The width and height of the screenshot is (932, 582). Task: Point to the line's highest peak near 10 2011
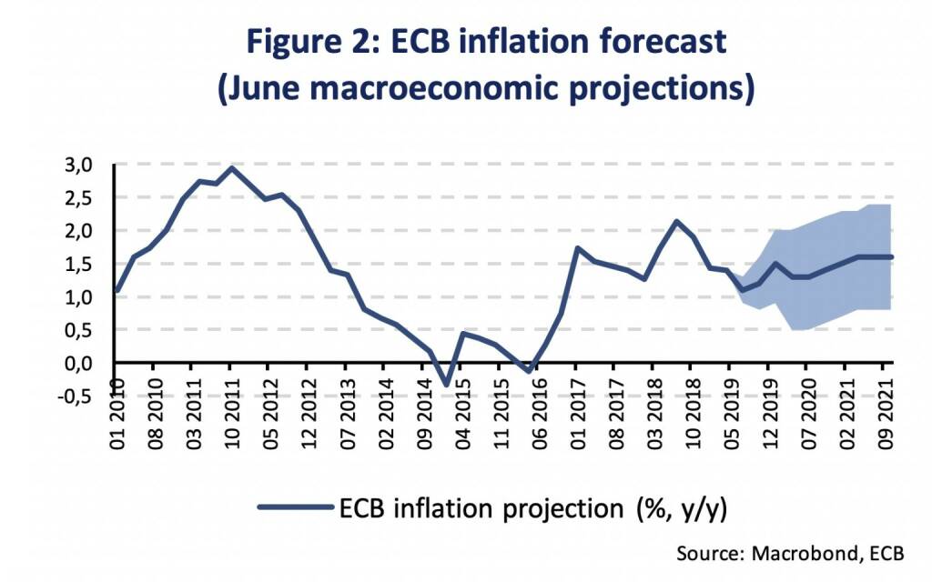231,167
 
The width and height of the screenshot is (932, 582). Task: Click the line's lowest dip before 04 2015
447,385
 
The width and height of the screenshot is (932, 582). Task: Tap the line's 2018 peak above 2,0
676,221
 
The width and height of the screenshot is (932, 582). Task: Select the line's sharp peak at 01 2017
578,247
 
